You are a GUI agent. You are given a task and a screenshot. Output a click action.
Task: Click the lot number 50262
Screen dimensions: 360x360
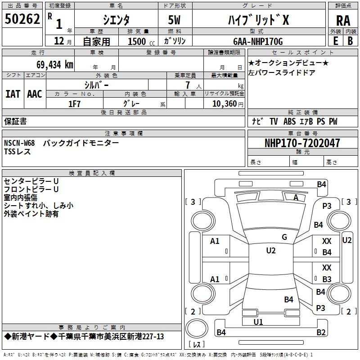(22, 20)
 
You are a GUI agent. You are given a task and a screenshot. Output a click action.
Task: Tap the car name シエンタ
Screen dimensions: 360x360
(117, 20)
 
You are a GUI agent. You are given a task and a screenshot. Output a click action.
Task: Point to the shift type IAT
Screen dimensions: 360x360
(13, 94)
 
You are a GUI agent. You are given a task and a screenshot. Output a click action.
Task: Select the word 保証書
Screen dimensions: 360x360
(15, 121)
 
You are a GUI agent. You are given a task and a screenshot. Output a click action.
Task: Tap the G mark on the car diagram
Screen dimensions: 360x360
(284, 237)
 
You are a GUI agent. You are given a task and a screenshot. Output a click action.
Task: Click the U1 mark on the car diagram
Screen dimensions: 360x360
(258, 322)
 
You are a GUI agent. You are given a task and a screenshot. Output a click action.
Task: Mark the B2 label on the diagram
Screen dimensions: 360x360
(321, 333)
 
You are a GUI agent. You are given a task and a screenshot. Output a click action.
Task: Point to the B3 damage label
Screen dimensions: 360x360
(327, 279)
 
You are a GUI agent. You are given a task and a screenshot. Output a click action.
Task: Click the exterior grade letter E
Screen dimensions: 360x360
(335, 40)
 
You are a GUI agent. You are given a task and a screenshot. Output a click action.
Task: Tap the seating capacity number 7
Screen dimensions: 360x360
(187, 85)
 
